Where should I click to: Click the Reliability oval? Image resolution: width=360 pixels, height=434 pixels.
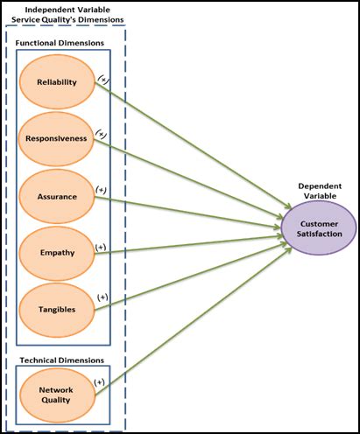click(x=57, y=82)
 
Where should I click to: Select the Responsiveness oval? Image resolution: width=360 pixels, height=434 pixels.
click(x=57, y=138)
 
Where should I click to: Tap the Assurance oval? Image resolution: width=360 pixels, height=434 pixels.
click(x=57, y=196)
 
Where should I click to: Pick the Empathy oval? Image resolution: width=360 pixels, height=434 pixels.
click(x=57, y=253)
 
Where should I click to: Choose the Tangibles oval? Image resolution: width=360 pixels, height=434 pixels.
click(x=57, y=309)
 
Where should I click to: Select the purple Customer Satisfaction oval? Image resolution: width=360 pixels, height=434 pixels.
click(x=318, y=228)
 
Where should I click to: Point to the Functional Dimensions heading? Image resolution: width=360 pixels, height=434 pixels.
click(x=59, y=42)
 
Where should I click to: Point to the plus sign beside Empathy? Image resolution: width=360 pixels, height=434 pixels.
click(x=101, y=247)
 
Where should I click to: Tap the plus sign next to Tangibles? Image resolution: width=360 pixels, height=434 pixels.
click(x=102, y=297)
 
